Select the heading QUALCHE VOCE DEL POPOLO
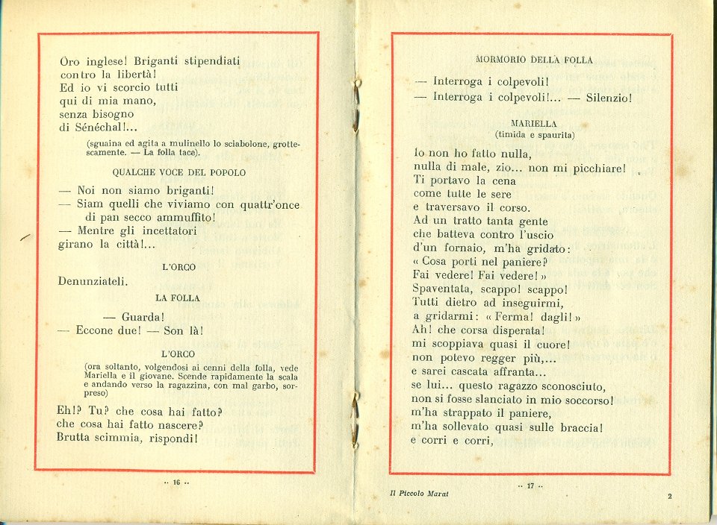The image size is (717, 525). point(184,172)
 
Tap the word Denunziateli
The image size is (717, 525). point(93,281)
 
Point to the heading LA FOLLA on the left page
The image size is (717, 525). point(178,298)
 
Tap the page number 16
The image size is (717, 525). point(177,482)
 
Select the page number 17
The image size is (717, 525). point(531,487)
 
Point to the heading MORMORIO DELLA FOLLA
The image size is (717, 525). point(534,60)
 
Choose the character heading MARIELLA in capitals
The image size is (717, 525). point(535,123)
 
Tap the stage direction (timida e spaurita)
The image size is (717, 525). point(535,134)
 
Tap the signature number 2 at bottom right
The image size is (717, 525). point(669,496)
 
